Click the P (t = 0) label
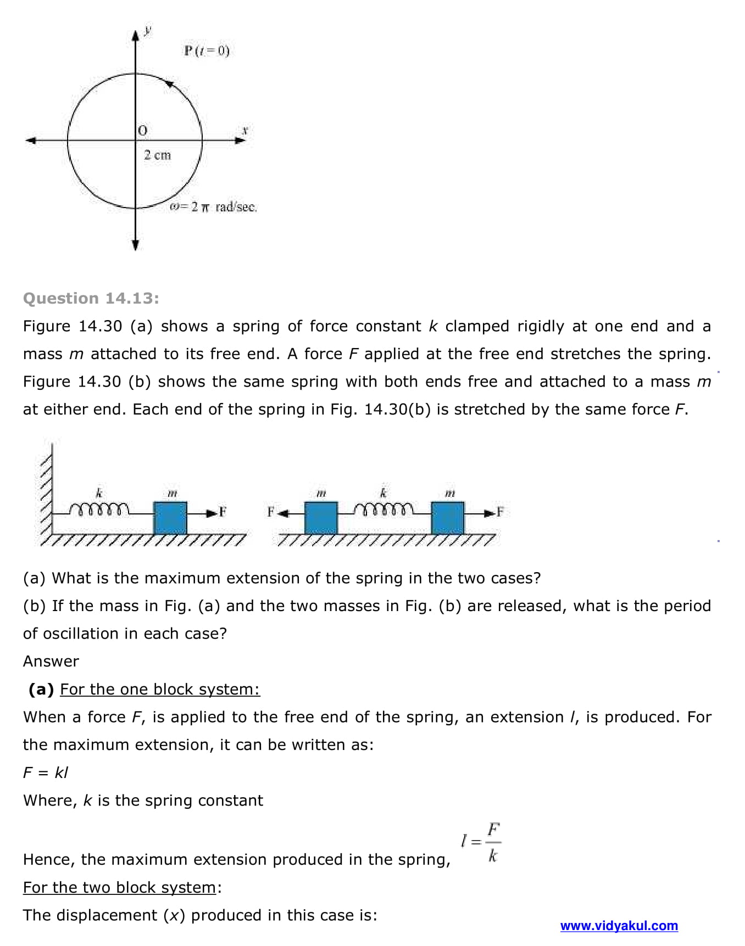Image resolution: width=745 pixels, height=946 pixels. [207, 51]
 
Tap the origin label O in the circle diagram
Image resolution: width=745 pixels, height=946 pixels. [143, 131]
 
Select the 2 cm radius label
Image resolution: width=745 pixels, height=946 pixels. [157, 155]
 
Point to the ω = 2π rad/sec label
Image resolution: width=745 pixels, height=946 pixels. [213, 207]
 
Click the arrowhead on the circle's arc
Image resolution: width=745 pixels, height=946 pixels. [170, 84]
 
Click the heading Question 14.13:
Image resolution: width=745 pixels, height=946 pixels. [91, 298]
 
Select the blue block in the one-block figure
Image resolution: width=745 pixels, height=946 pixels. [170, 517]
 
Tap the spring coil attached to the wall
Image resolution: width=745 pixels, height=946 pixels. [99, 510]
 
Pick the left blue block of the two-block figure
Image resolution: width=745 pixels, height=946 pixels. [321, 517]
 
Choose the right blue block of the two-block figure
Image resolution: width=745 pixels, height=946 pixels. [448, 517]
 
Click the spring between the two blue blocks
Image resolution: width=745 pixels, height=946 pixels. [383, 510]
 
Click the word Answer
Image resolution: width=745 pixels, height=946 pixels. [51, 661]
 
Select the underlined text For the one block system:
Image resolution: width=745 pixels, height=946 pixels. [159, 689]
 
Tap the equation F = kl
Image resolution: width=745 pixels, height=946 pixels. [46, 773]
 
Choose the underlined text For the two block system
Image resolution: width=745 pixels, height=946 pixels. [119, 887]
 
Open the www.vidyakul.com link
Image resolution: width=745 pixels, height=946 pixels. [619, 926]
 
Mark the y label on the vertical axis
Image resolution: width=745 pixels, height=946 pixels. [147, 30]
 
